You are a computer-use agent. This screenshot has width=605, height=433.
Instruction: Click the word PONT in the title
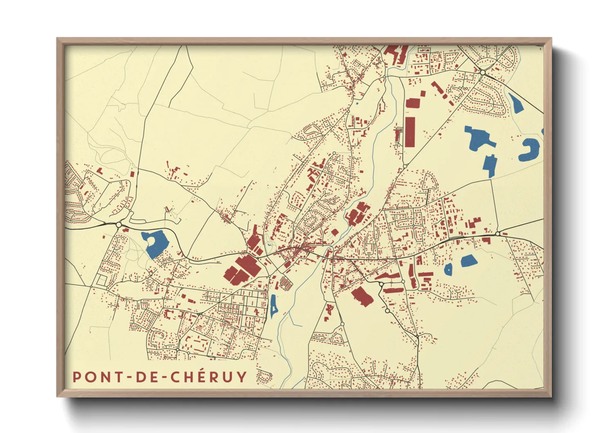[97, 377]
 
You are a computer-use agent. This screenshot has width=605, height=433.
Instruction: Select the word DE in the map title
[143, 377]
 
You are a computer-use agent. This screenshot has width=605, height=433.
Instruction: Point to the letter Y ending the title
[242, 377]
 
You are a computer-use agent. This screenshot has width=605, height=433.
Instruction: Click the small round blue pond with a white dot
[448, 269]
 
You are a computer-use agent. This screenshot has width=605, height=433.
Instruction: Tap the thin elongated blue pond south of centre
[273, 306]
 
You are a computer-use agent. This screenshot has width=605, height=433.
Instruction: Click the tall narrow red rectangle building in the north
[410, 131]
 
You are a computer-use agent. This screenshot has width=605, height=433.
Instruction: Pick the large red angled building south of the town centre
[362, 296]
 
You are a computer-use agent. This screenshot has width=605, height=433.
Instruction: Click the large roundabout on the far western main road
[119, 225]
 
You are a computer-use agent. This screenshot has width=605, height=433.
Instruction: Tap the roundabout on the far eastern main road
[498, 234]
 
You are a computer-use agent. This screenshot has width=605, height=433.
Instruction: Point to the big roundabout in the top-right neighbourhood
[483, 72]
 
